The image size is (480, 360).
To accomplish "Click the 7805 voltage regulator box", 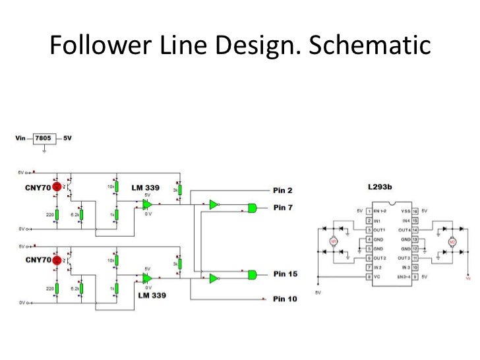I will click(44, 139).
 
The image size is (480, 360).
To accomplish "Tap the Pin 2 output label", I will click(284, 190).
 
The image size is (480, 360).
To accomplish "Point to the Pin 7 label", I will click(284, 208).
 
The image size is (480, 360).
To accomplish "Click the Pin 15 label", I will click(285, 273).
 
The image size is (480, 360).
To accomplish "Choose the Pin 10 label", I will click(285, 299).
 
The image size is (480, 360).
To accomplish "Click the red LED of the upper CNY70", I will click(57, 187).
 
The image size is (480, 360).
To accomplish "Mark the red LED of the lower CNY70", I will click(57, 260).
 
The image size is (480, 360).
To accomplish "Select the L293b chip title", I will click(380, 188).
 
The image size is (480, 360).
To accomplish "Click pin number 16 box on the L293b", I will click(415, 210).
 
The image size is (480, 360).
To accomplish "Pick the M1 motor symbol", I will click(334, 243).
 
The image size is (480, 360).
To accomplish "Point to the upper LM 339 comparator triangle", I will click(147, 204).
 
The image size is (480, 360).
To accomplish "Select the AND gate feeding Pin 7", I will click(252, 208).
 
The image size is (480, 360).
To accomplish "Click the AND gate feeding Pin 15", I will click(252, 274).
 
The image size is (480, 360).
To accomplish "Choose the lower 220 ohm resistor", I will click(57, 287).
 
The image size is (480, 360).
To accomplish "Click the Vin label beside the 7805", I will click(20, 139).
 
